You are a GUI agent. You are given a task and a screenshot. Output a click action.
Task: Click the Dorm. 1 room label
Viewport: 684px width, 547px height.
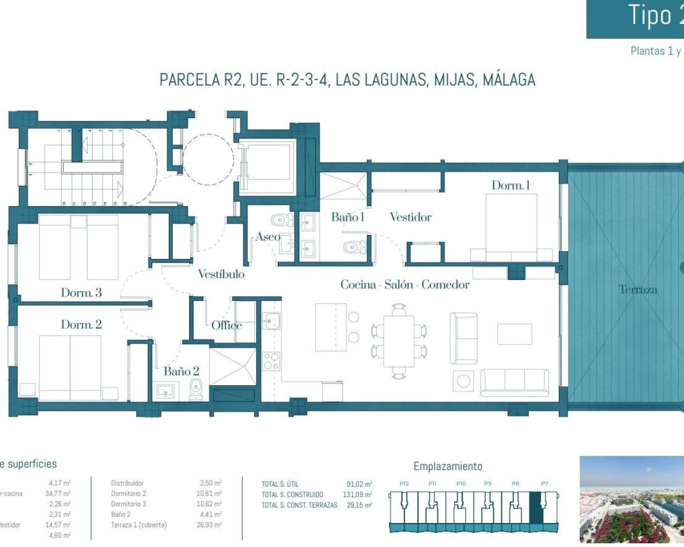click(x=510, y=185)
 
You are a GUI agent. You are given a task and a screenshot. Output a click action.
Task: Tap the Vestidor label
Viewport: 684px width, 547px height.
click(x=410, y=217)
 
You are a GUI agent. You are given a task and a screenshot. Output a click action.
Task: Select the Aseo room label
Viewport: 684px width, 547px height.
click(x=268, y=237)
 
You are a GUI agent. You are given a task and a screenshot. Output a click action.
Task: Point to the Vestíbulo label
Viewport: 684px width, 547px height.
click(x=221, y=274)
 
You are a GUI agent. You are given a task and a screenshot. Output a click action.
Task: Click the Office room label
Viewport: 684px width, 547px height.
click(x=226, y=325)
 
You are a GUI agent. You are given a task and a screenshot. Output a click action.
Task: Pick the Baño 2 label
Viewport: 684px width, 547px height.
click(x=181, y=371)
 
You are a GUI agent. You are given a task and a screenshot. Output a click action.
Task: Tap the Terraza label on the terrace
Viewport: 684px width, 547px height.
click(x=638, y=290)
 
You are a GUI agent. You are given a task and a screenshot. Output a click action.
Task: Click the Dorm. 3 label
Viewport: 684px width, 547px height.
click(x=81, y=293)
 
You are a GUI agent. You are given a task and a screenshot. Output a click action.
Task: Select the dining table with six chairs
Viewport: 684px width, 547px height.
click(x=399, y=341)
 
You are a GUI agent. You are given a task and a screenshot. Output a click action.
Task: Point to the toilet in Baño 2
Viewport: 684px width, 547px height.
click(x=196, y=389)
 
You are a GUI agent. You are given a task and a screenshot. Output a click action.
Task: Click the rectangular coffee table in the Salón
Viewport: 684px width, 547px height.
click(x=514, y=334)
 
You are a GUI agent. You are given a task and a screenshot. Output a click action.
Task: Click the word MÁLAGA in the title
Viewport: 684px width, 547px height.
click(x=509, y=80)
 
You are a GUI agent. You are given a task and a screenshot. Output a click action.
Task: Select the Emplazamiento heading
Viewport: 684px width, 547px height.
click(x=447, y=466)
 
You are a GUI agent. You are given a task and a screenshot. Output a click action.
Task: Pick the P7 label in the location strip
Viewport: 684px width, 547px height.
click(x=544, y=483)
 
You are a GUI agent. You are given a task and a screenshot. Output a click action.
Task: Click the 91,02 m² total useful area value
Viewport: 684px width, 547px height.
click(x=359, y=485)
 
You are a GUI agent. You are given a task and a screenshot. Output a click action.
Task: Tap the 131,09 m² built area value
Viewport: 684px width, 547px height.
click(x=357, y=495)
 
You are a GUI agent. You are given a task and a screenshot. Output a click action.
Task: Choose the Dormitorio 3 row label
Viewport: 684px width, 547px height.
click(x=128, y=504)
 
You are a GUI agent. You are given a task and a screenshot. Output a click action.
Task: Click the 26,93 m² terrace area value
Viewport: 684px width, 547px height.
click(x=208, y=525)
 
